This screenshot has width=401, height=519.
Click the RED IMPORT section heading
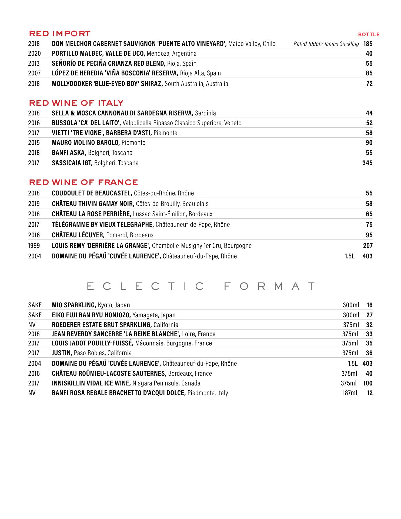60,34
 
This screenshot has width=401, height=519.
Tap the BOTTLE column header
369,35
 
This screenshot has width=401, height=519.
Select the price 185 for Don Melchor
368,44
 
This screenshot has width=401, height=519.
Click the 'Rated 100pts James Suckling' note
326,44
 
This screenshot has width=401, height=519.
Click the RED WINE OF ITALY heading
76,103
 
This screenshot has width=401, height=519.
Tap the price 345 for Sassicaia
367,163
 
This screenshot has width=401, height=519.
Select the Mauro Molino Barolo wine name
86,143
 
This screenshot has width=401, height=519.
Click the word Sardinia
205,113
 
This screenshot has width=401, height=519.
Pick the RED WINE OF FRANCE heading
83,182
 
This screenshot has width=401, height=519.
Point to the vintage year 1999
34,246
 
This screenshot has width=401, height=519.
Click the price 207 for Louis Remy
367,246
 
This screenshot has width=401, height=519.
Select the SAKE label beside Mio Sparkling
35,305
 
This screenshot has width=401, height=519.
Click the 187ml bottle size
350,393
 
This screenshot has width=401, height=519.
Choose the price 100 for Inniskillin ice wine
367,383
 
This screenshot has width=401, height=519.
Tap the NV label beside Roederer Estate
32,325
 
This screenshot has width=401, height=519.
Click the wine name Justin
62,353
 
